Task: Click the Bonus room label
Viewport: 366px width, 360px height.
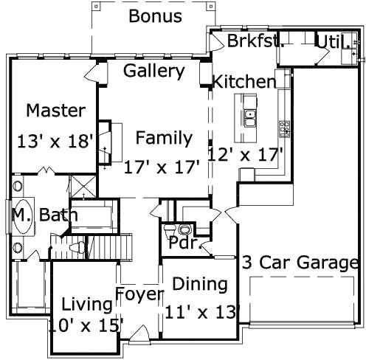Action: [x=154, y=15]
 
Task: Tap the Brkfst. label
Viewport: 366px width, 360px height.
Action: [x=255, y=41]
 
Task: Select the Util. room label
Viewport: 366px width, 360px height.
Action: [x=328, y=41]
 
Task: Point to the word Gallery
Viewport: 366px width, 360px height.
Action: [x=153, y=71]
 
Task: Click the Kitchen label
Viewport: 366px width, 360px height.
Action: [x=244, y=82]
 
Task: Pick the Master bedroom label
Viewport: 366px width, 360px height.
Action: [x=55, y=111]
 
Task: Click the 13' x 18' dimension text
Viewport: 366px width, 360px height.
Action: [x=56, y=139]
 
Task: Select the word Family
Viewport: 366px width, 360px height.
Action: [x=163, y=138]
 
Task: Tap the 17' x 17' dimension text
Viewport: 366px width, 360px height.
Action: [x=162, y=167]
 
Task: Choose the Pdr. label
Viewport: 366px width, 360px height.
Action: [x=185, y=243]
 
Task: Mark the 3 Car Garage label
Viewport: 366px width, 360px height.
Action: [x=300, y=263]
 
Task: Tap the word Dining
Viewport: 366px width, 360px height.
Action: [x=199, y=284]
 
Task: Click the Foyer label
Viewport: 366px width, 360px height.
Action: [x=139, y=295]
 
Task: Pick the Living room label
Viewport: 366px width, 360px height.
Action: [x=86, y=303]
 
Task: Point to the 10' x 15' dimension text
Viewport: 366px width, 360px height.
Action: [x=86, y=325]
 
